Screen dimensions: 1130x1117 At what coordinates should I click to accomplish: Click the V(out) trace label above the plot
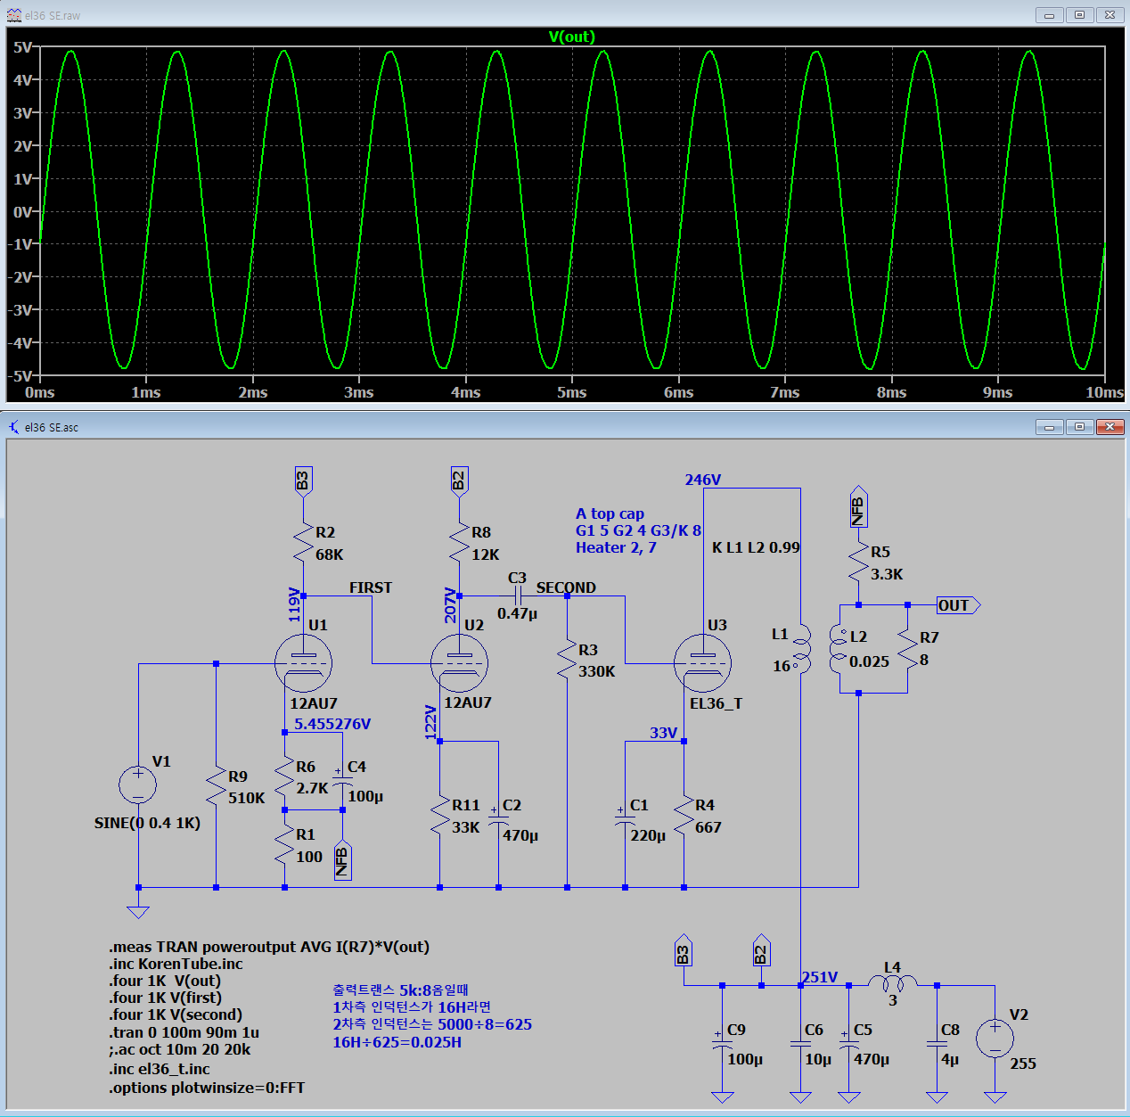pyautogui.click(x=572, y=37)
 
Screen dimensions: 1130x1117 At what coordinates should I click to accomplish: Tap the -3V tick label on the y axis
pyautogui.click(x=22, y=309)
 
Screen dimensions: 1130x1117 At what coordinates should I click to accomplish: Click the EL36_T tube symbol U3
pyautogui.click(x=702, y=663)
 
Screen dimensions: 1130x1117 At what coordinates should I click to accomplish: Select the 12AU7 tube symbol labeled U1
pyautogui.click(x=303, y=663)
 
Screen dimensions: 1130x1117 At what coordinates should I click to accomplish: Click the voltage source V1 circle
pyautogui.click(x=138, y=785)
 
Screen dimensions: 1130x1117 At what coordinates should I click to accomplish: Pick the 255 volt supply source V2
pyautogui.click(x=995, y=1039)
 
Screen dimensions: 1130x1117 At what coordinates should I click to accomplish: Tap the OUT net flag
pyautogui.click(x=958, y=604)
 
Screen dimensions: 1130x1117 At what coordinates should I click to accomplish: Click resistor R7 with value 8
pyautogui.click(x=907, y=648)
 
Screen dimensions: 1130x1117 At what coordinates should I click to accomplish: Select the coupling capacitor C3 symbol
pyautogui.click(x=517, y=596)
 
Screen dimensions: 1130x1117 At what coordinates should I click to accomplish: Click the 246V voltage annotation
pyautogui.click(x=702, y=480)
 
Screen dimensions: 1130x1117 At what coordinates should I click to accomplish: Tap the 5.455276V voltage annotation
pyautogui.click(x=332, y=724)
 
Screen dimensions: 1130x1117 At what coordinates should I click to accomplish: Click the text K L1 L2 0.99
pyautogui.click(x=756, y=547)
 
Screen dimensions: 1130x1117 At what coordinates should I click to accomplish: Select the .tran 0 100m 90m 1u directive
pyautogui.click(x=184, y=1032)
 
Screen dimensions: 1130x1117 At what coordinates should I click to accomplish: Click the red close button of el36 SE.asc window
pyautogui.click(x=1110, y=426)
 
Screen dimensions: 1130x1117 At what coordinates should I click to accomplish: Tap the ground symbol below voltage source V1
pyautogui.click(x=138, y=912)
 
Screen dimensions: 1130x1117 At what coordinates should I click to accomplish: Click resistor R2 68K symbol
pyautogui.click(x=303, y=543)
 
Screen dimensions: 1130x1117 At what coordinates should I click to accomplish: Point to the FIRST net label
pyautogui.click(x=371, y=587)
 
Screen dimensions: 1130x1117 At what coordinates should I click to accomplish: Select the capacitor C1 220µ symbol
pyautogui.click(x=625, y=819)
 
